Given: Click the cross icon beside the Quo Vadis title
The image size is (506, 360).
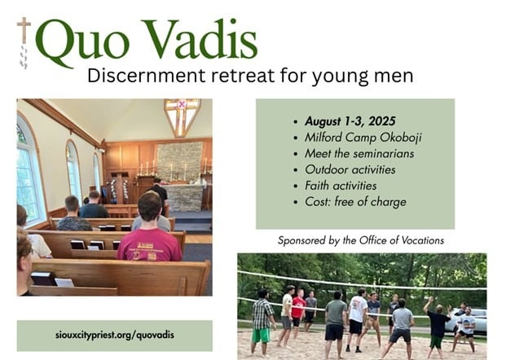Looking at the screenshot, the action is tap(24, 30).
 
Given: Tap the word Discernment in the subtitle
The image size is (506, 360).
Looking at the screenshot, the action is tap(146, 76).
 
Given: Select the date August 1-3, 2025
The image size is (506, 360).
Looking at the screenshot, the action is tap(350, 121).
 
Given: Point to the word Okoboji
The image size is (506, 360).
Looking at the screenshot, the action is tap(400, 138).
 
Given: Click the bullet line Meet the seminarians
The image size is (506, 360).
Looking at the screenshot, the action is tap(359, 154).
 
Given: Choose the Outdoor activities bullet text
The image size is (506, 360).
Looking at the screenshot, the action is tap(350, 169).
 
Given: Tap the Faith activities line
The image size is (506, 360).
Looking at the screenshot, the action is tap(341, 186).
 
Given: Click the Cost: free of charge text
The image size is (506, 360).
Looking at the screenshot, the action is tap(355, 202).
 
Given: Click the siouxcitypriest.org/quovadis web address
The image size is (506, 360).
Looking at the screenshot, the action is tap(115, 336).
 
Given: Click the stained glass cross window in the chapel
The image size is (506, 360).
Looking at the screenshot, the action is tap(182, 116).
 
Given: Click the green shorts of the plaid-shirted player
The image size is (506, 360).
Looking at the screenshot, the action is tap(261, 336).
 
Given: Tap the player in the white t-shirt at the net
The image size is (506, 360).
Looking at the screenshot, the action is tap(356, 319).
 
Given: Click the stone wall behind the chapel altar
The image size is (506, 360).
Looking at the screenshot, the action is tap(179, 161).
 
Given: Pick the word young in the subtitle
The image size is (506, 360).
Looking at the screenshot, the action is tap(340, 77).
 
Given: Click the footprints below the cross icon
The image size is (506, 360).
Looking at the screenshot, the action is tap(24, 57).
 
